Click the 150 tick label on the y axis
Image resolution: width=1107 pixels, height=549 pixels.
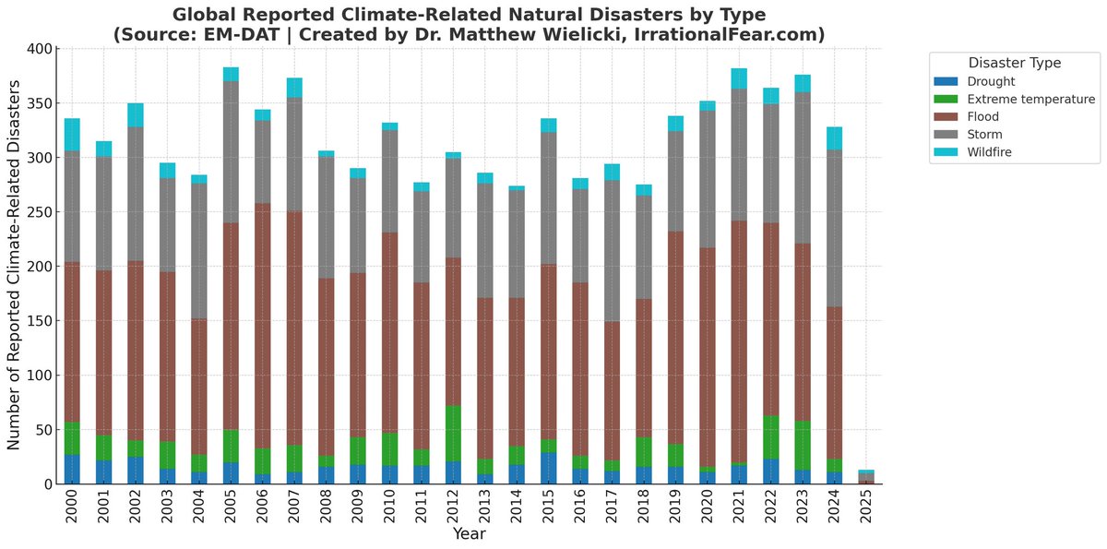click(36, 321)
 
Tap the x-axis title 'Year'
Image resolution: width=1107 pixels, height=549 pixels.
click(469, 533)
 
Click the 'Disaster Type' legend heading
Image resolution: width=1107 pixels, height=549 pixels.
click(1014, 63)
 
